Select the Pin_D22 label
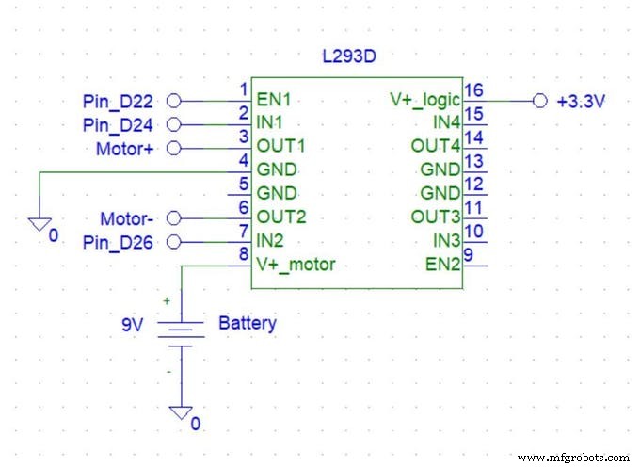(123, 101)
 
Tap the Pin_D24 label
(123, 124)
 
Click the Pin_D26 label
(123, 242)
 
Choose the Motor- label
(131, 217)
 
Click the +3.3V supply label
(582, 101)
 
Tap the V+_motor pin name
(296, 265)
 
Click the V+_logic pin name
(425, 100)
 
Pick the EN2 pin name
(443, 265)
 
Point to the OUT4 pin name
(436, 147)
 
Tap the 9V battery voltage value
(133, 324)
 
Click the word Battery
(248, 324)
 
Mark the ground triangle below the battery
(180, 413)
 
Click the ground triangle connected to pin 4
(38, 224)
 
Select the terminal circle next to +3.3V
(539, 101)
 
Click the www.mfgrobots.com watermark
(574, 457)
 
